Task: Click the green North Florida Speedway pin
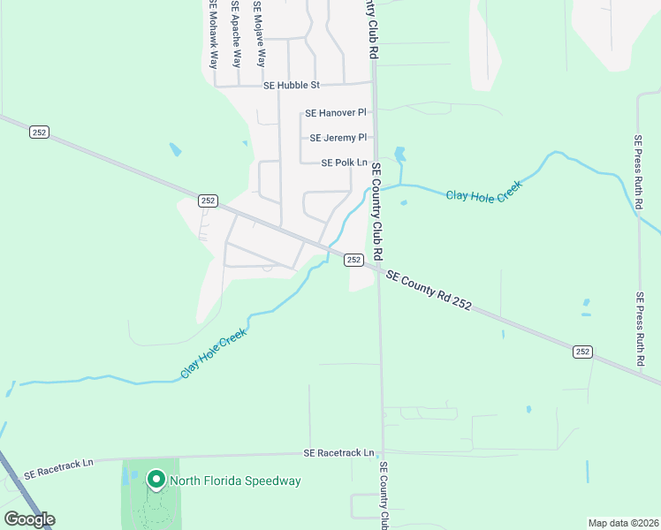(156, 479)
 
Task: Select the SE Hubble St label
(291, 86)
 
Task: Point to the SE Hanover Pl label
(335, 113)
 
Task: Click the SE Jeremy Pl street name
(338, 138)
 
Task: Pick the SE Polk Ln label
(344, 163)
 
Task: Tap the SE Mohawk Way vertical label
(213, 35)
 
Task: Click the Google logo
(28, 519)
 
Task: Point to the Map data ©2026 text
(623, 522)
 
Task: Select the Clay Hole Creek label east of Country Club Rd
(483, 191)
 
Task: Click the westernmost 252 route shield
(39, 132)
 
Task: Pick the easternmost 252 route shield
(581, 352)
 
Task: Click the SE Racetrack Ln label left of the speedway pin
(58, 473)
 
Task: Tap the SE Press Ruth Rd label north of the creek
(638, 168)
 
